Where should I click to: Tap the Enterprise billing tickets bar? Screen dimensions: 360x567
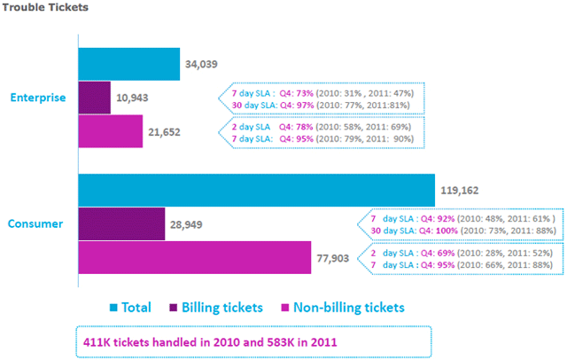coord(95,98)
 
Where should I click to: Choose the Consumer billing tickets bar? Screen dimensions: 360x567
coord(122,224)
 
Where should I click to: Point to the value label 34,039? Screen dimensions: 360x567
coord(202,65)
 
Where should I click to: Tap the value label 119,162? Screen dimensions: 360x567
coord(458,190)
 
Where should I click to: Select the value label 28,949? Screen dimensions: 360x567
coord(184,225)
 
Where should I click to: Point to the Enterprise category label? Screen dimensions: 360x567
coord(37,98)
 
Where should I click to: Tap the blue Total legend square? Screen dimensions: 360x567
coord(113,308)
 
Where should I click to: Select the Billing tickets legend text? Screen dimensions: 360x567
coord(222,308)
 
